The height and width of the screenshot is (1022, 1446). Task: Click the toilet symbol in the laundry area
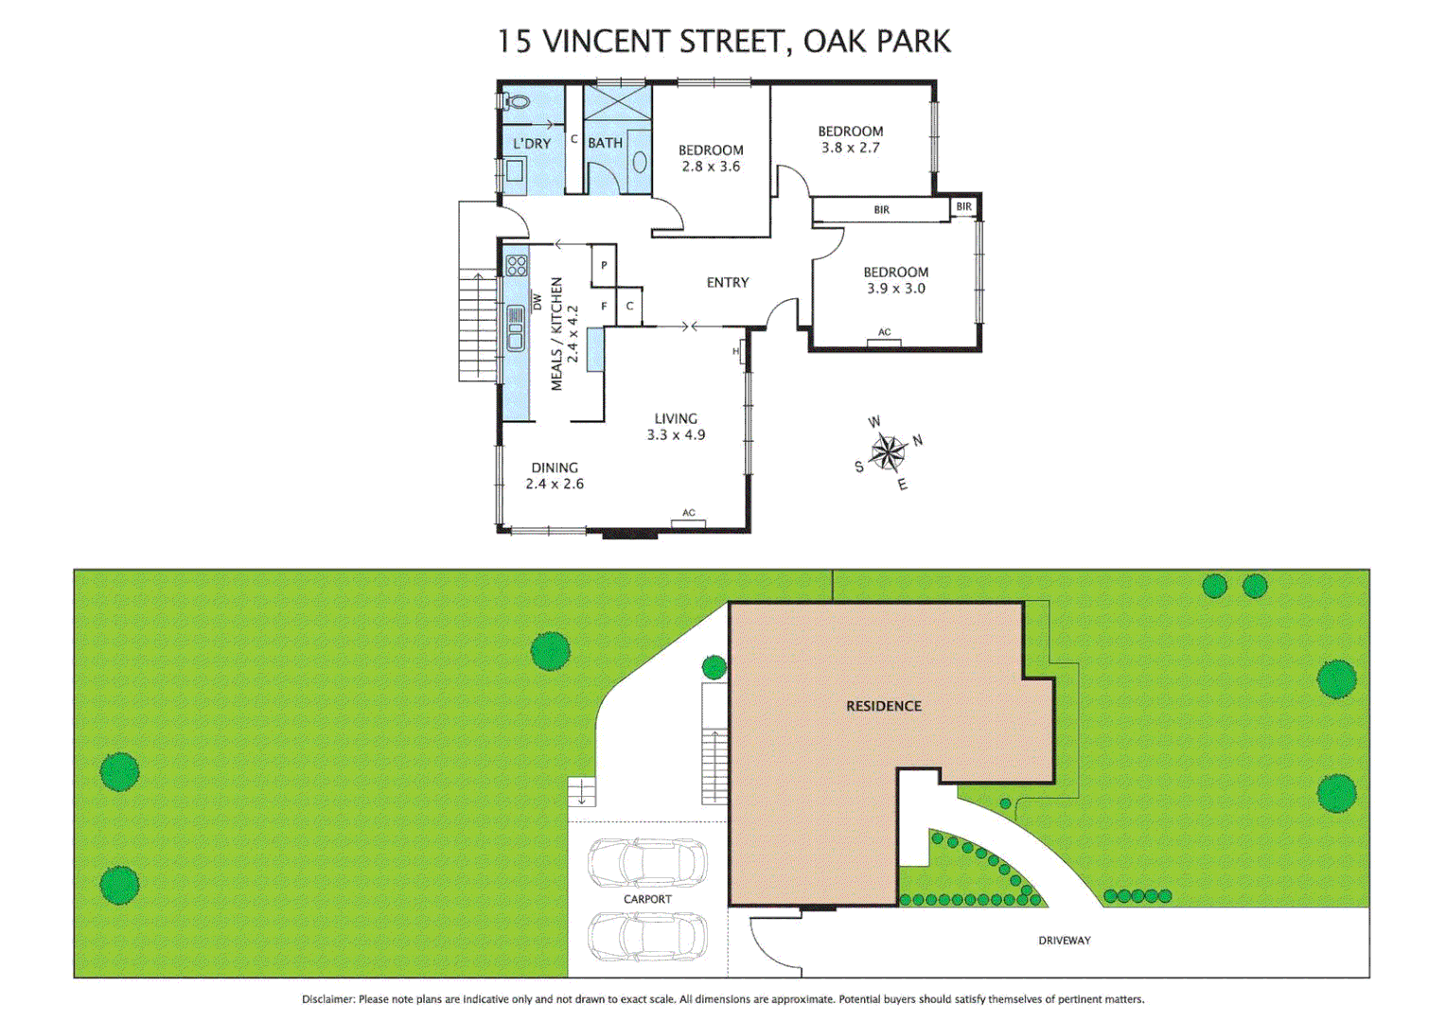pos(516,101)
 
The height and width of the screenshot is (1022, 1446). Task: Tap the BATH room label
pos(605,143)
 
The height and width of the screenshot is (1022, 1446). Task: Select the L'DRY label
pos(532,144)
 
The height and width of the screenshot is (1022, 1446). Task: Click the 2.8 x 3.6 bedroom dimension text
pos(711,167)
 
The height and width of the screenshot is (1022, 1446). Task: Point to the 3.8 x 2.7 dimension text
pos(850,148)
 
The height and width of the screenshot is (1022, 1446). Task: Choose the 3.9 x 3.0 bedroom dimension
pos(895,289)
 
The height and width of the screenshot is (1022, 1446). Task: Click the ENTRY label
pos(727,282)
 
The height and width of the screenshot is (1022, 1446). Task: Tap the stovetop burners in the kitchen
pos(516,265)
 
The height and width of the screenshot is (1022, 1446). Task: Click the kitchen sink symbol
pos(516,328)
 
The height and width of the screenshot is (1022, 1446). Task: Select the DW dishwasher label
pos(538,301)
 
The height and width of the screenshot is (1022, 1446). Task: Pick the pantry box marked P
pos(604,266)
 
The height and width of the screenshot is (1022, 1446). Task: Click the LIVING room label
pos(676,418)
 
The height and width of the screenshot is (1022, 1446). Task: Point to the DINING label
pos(555,467)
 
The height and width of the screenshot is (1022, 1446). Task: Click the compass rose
pos(888,452)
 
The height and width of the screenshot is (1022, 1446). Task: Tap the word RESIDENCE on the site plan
pos(883,706)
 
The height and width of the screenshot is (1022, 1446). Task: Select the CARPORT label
pos(647,899)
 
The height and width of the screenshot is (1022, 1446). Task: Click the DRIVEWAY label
pos(1064,940)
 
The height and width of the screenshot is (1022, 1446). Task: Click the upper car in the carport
pos(647,862)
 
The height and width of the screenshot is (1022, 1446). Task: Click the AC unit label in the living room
pos(688,513)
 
